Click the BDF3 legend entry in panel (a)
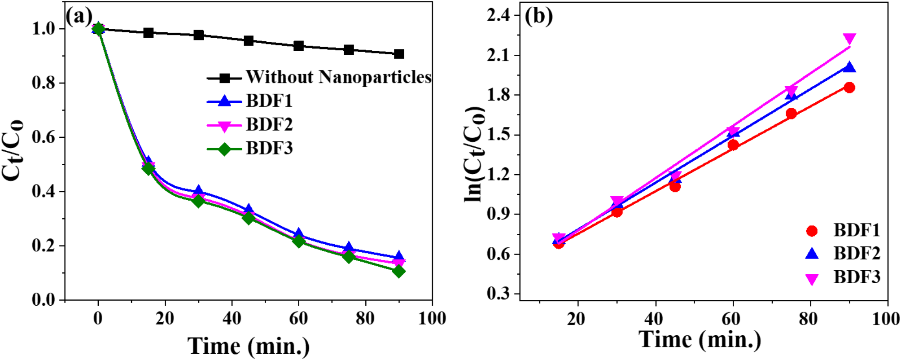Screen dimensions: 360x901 click(269, 149)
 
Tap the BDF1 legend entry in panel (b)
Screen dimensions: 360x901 click(857, 230)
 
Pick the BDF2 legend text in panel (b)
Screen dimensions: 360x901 click(857, 254)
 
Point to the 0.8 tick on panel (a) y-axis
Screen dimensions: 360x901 click(44, 83)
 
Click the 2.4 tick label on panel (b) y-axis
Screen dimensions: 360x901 click(499, 16)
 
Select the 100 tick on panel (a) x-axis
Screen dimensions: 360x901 click(432, 319)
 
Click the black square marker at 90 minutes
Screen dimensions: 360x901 click(398, 54)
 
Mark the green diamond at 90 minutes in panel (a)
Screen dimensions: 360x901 click(398, 271)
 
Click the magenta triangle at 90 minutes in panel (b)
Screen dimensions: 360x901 click(849, 39)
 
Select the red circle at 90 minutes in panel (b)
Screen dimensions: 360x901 click(849, 88)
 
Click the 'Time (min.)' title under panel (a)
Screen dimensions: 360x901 click(249, 346)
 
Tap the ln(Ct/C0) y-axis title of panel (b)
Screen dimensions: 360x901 click(474, 155)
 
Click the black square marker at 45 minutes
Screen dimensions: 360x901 click(249, 41)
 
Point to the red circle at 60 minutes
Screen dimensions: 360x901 click(733, 145)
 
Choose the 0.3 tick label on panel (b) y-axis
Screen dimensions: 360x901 click(499, 294)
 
